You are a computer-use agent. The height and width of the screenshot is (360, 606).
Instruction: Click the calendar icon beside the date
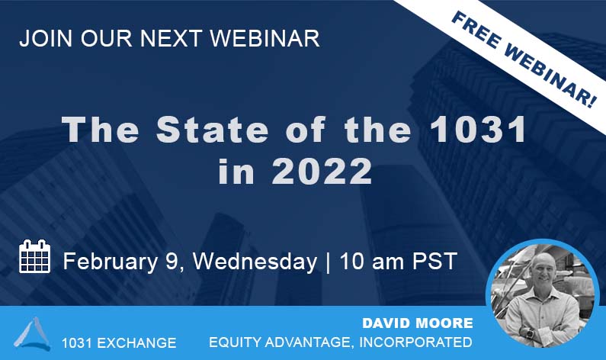tap(34, 257)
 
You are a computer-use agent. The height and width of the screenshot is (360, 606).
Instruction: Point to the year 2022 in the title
tap(323, 171)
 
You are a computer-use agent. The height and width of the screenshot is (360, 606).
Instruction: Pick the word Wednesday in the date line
tap(255, 262)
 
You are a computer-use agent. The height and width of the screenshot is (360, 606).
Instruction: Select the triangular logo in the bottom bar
tap(32, 333)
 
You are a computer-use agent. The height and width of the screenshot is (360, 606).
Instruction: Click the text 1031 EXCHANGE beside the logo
tap(119, 342)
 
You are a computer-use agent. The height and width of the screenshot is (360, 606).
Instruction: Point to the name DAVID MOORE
tap(417, 323)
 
